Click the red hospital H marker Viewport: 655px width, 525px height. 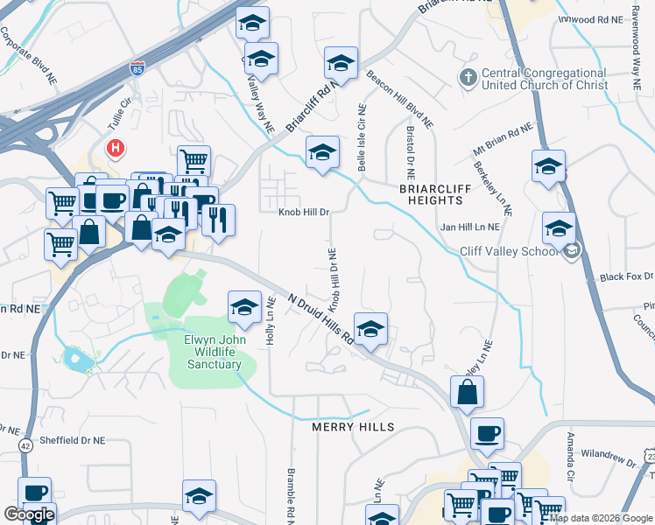pos(115,148)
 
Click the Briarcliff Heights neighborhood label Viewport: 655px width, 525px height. pos(435,194)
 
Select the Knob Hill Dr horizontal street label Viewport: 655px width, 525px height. pos(304,212)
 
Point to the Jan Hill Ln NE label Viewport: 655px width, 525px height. pos(469,227)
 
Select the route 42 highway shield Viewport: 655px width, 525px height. pos(25,445)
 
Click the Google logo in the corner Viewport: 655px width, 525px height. pos(28,514)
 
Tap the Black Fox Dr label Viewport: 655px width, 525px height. pos(626,277)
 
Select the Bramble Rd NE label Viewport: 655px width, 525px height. pos(291,495)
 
